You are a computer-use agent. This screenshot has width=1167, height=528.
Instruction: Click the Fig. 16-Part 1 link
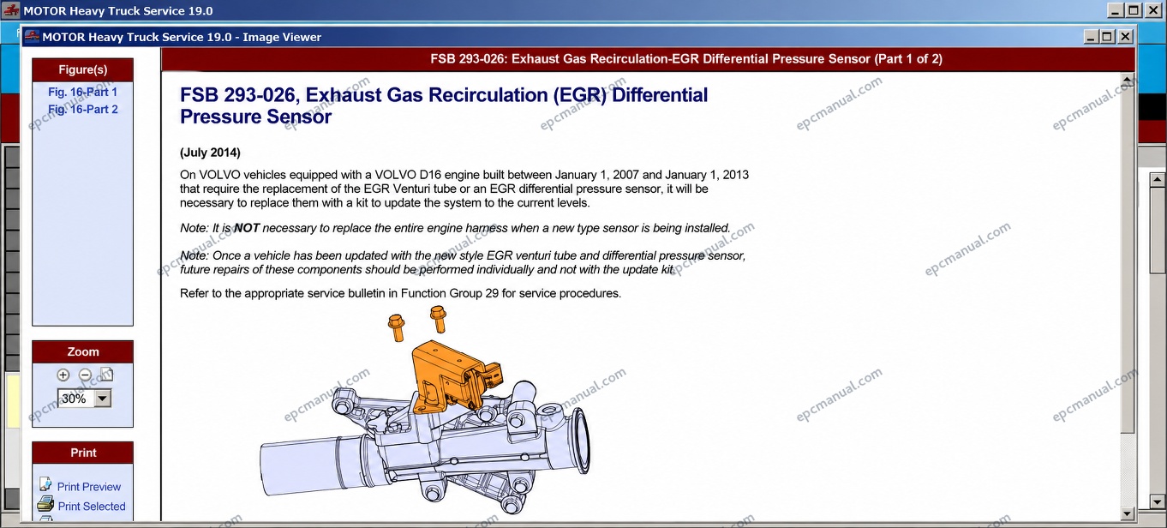coord(83,93)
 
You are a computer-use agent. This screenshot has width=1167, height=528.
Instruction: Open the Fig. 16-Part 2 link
coord(83,110)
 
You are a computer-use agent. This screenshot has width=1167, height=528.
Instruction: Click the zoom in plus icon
coord(63,375)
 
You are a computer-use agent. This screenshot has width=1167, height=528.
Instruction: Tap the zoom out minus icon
coord(85,375)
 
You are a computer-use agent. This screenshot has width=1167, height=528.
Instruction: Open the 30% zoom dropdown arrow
coord(103,399)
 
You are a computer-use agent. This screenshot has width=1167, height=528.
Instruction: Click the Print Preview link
coord(88,487)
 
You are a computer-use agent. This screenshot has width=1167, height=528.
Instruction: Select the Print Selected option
coord(91,506)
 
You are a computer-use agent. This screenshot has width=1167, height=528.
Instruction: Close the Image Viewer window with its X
coord(1125,37)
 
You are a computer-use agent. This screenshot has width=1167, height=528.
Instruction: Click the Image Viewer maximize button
coord(1107,37)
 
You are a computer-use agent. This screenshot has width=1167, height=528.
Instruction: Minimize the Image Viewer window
coord(1091,37)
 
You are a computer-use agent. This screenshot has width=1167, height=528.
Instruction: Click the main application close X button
coord(1153,10)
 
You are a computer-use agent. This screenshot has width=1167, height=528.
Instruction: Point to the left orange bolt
coord(397,327)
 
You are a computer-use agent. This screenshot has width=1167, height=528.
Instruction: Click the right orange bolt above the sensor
coord(438,319)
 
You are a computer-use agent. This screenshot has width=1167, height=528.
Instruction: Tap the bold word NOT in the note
coord(247,228)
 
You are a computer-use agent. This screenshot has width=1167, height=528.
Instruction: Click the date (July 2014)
coord(210,153)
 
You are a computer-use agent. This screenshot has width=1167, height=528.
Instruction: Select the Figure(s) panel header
coord(83,69)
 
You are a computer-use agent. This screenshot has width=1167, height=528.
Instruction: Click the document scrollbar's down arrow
coord(1127,514)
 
